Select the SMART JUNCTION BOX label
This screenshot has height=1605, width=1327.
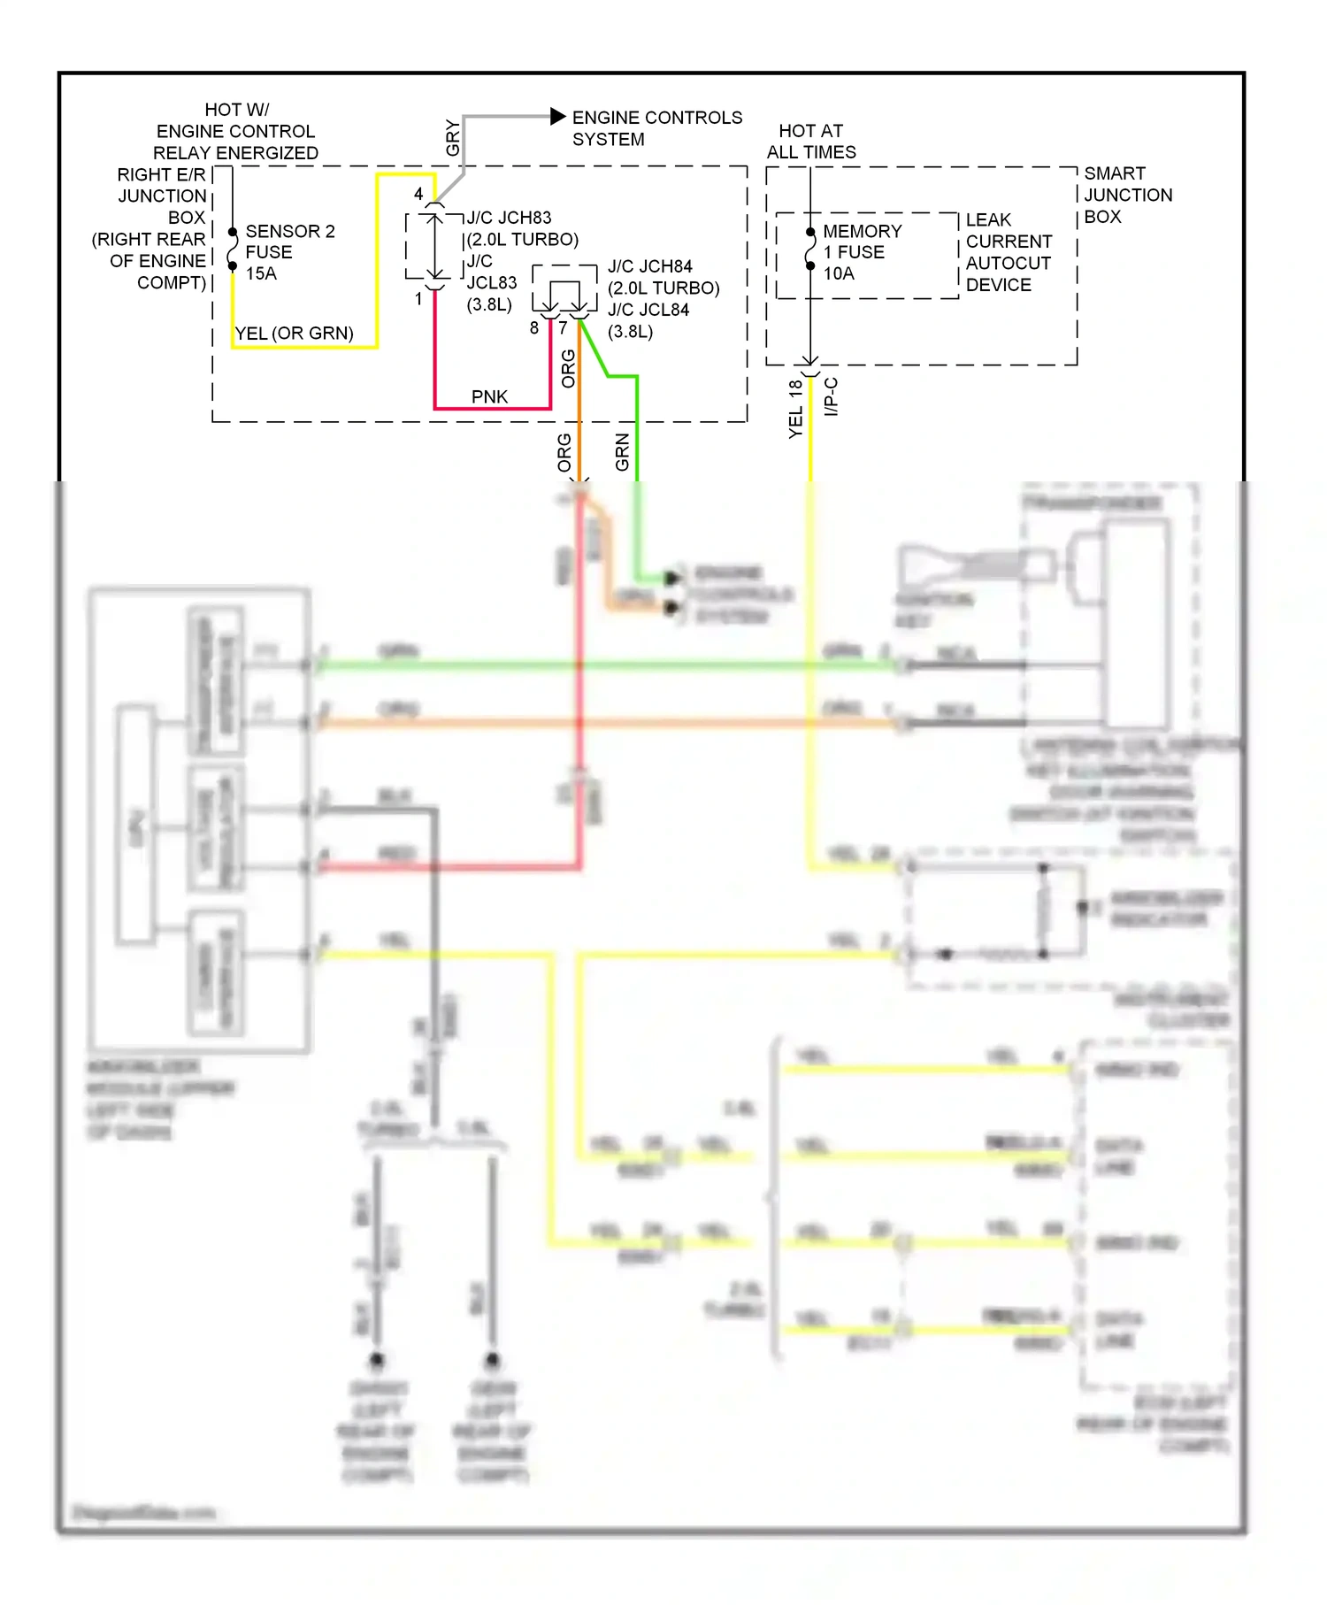click(1127, 195)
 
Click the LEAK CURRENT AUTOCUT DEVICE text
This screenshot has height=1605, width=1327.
click(1008, 252)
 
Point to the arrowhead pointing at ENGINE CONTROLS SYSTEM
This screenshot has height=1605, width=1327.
click(557, 116)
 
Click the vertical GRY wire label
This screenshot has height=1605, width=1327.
click(452, 138)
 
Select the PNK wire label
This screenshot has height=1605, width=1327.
click(489, 396)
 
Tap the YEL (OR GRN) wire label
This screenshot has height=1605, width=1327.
click(294, 334)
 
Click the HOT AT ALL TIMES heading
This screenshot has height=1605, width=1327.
click(810, 142)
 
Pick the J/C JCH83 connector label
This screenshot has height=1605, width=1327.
click(509, 218)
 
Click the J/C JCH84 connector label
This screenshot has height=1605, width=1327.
click(649, 266)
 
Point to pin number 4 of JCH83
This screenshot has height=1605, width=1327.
click(418, 194)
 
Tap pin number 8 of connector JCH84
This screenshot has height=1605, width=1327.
click(533, 328)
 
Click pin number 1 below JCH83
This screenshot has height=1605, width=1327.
click(418, 300)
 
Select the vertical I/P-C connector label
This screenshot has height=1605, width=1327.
click(831, 397)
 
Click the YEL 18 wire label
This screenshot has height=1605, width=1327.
click(795, 409)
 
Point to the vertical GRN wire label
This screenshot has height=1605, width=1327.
click(622, 452)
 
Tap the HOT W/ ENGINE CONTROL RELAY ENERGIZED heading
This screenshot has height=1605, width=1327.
click(235, 131)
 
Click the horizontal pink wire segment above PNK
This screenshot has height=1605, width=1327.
click(491, 409)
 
